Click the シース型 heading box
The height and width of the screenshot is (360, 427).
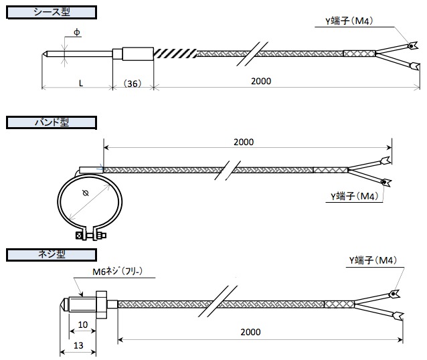pos(52,13)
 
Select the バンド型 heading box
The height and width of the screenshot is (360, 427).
pos(52,122)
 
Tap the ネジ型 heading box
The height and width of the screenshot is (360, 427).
pos(52,254)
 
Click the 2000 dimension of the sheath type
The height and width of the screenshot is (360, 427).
pos(261,81)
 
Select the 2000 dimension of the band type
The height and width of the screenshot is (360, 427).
pos(244,143)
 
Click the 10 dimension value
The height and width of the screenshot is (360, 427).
pos(82,324)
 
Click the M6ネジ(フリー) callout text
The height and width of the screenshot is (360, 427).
pos(123,272)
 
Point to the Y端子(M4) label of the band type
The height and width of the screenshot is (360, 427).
pos(355,196)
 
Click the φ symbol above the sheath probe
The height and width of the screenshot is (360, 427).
pos(77,32)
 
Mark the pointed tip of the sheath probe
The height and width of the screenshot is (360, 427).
pos(46,54)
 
